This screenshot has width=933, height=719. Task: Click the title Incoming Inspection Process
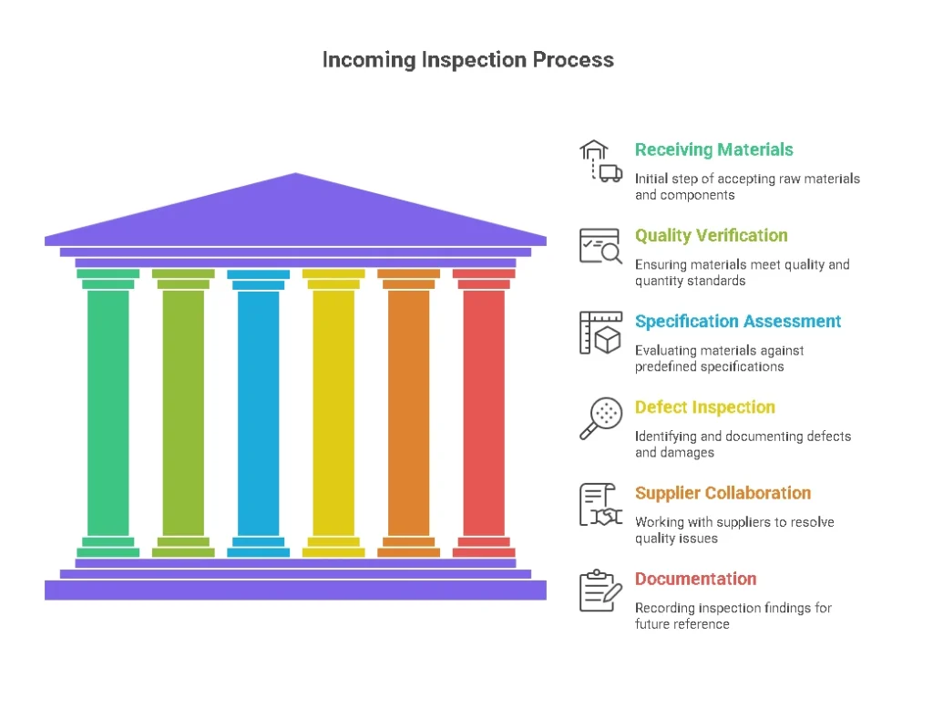click(x=467, y=60)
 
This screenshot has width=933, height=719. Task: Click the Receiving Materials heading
click(x=713, y=149)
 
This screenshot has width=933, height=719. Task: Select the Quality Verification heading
click(x=711, y=235)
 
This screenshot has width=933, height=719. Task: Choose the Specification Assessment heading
click(x=738, y=321)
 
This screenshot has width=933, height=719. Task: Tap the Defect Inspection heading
click(x=704, y=406)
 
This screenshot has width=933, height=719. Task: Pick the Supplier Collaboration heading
click(x=723, y=493)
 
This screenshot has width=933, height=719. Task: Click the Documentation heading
click(x=695, y=579)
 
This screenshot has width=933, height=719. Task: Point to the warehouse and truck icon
click(x=600, y=161)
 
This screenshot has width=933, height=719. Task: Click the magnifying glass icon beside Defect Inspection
click(x=600, y=418)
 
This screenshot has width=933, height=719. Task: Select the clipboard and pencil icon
click(x=600, y=591)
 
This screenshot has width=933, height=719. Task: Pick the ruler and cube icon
click(x=600, y=333)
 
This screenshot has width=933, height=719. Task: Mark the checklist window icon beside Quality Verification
click(x=600, y=246)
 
